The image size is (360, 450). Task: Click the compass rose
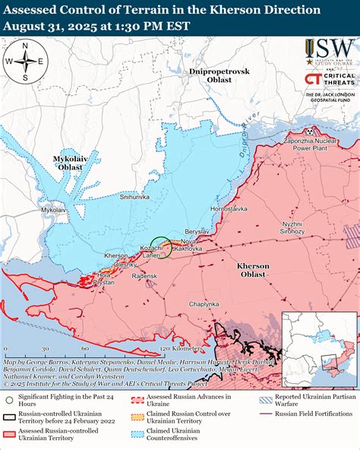pyautogui.click(x=24, y=62)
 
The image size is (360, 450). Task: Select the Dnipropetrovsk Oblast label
pyautogui.click(x=219, y=74)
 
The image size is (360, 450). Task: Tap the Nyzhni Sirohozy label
pyautogui.click(x=291, y=228)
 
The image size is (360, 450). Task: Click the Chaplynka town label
pyautogui.click(x=204, y=304)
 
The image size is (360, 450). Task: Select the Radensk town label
pyautogui.click(x=144, y=276)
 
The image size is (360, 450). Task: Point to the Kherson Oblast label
pyautogui.click(x=252, y=270)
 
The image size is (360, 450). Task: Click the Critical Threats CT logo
pyautogui.click(x=312, y=79)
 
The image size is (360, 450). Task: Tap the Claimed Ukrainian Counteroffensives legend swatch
pyautogui.click(x=137, y=433)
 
